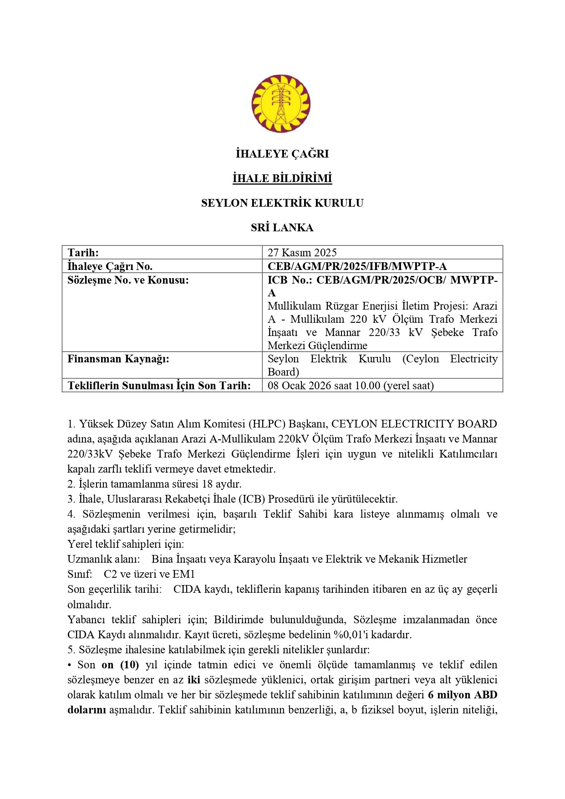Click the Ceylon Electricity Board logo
281,104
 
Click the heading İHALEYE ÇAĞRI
282,154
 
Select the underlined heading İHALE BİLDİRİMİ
282,178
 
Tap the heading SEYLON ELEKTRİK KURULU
282,203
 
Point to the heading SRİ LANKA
282,228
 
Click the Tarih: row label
83,253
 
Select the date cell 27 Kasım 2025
302,253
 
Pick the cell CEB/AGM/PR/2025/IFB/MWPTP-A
357,266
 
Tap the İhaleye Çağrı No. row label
110,266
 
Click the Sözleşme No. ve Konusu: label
128,280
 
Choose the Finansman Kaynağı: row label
118,359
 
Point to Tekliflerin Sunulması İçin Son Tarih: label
159,386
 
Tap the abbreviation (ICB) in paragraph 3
252,499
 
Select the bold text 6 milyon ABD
463,695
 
